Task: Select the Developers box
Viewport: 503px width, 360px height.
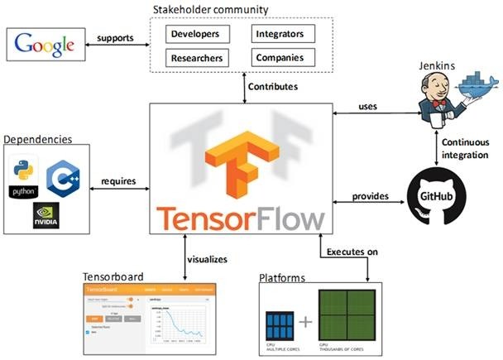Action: pos(199,35)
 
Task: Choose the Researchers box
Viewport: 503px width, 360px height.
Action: pos(199,59)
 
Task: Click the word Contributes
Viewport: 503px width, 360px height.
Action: pos(274,85)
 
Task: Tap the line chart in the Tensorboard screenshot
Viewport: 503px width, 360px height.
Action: pos(180,320)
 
